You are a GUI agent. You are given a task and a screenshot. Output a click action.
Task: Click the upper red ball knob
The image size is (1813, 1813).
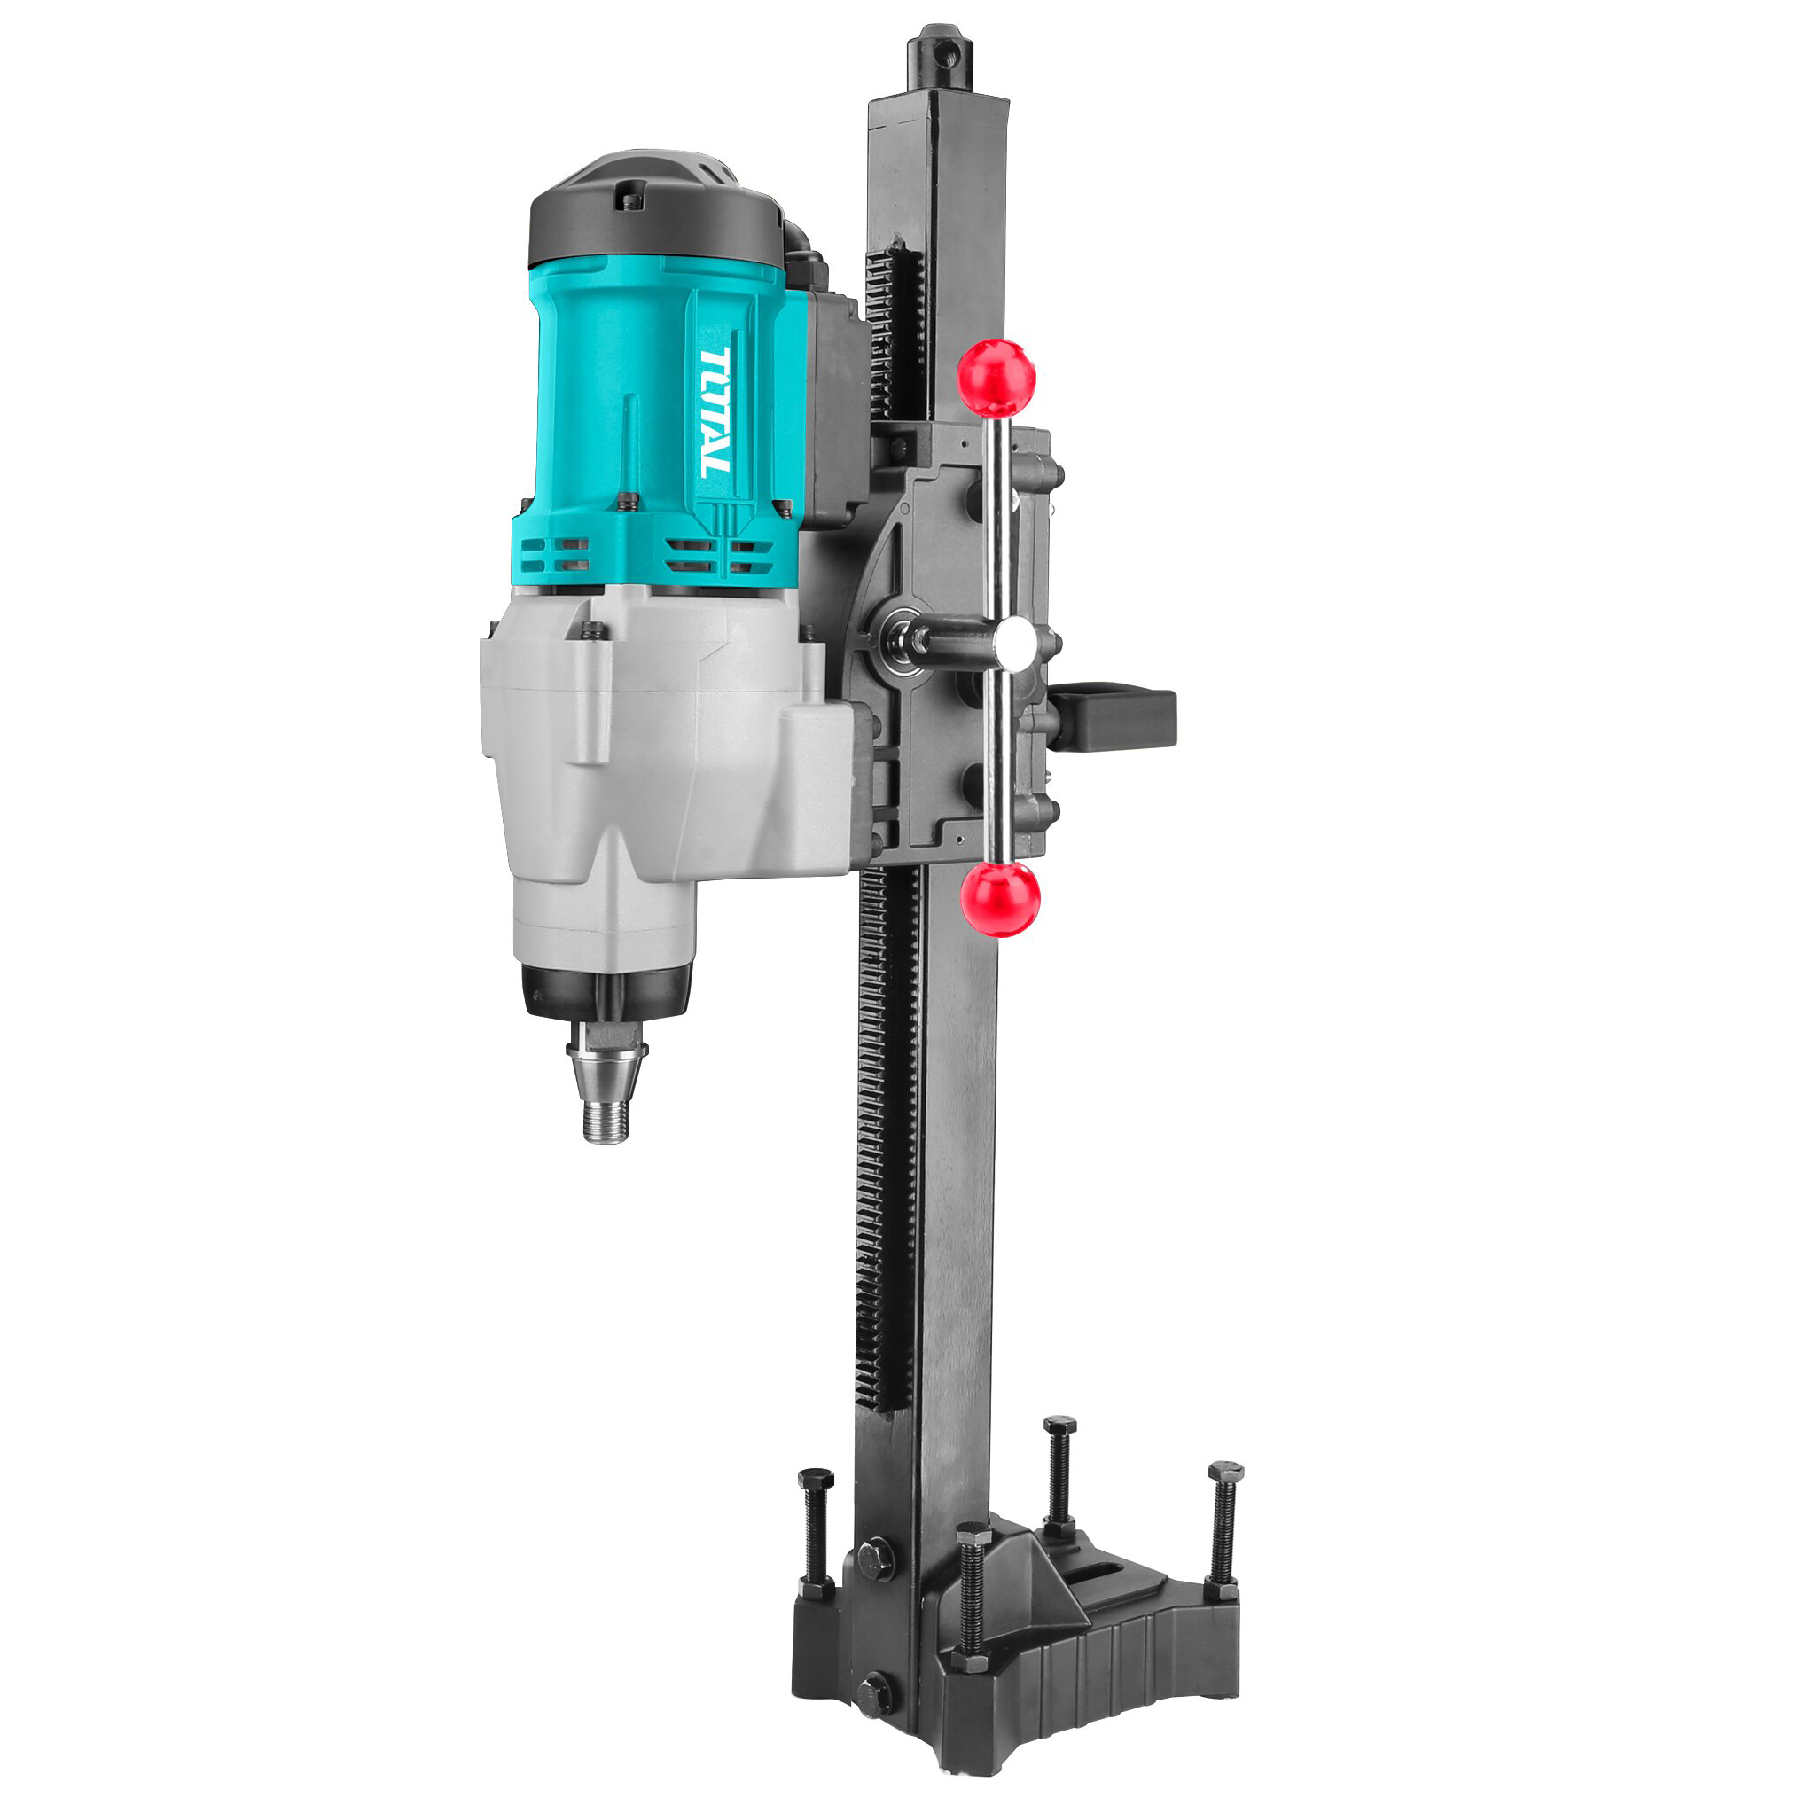(x=996, y=379)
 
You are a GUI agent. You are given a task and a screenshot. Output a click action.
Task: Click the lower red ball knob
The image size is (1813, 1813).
(x=1000, y=898)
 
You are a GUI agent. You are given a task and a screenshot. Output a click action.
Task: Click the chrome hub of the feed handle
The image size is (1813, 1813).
(x=1015, y=643)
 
